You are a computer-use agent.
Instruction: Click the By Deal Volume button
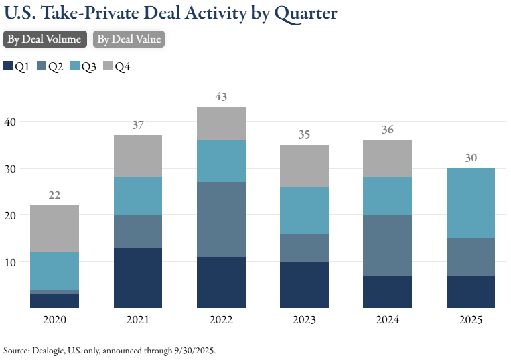point(45,39)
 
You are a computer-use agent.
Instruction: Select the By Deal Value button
point(129,39)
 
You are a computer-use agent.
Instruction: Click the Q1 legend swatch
point(9,66)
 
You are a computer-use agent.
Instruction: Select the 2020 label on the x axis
point(55,320)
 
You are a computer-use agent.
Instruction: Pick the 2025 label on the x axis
point(470,320)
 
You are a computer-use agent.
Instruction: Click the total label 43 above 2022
point(221,97)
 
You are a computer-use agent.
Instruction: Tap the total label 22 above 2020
point(55,195)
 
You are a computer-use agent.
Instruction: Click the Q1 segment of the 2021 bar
point(138,278)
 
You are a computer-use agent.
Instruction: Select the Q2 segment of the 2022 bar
point(221,219)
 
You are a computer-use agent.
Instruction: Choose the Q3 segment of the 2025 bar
point(470,203)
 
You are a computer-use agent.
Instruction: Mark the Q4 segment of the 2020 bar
point(55,229)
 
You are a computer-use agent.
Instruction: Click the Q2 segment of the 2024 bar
point(387,245)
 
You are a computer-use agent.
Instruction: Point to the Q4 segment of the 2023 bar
point(304,165)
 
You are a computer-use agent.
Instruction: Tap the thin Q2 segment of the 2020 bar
point(55,292)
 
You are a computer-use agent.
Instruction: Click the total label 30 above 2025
point(470,158)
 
